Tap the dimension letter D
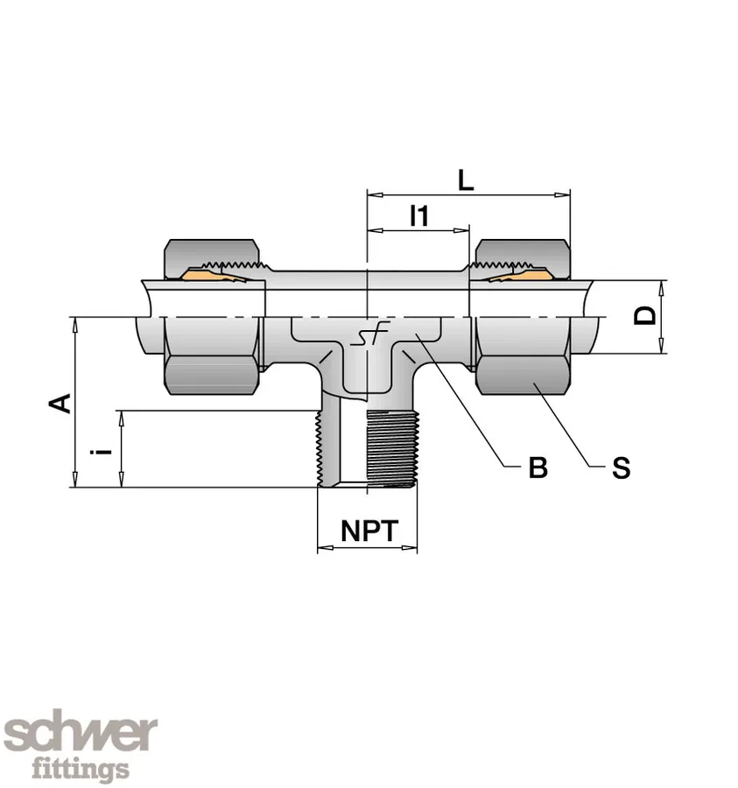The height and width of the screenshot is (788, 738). click(646, 315)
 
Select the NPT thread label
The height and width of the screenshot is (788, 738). click(369, 531)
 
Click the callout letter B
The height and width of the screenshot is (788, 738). click(538, 468)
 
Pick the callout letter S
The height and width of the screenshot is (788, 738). click(620, 468)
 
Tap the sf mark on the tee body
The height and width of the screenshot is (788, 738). click(367, 337)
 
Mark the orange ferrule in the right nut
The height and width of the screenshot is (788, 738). click(518, 277)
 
